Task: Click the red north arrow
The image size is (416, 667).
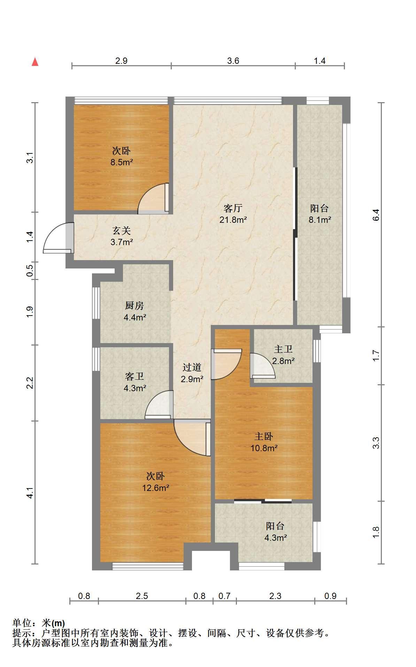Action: click(x=35, y=62)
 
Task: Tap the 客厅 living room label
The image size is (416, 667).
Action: click(x=233, y=209)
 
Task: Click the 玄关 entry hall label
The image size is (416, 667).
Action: click(x=122, y=230)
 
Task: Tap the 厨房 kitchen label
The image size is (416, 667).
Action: click(x=134, y=306)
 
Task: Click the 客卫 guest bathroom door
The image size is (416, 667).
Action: click(x=159, y=405)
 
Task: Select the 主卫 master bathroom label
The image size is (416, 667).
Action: click(x=283, y=349)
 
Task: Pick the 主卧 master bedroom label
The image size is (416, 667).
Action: click(x=264, y=436)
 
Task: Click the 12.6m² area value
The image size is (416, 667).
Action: click(x=155, y=487)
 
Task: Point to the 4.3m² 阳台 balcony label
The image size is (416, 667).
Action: click(x=275, y=526)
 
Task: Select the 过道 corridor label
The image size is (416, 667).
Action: click(x=192, y=367)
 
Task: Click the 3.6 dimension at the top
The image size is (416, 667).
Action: click(x=233, y=61)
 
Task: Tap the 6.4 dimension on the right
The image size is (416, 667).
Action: click(x=376, y=214)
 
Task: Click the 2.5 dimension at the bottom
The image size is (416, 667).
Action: click(x=142, y=596)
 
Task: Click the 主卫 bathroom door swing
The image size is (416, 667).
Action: click(x=263, y=366)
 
